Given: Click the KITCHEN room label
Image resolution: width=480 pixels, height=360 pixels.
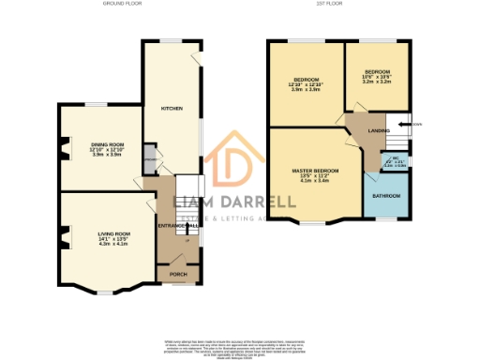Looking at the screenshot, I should (x=171, y=109).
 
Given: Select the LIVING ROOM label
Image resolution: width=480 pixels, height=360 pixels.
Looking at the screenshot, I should (x=113, y=232).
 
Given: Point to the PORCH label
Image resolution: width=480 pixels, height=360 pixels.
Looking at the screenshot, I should (x=178, y=274).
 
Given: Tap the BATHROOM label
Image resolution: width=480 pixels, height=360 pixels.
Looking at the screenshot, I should (x=386, y=196).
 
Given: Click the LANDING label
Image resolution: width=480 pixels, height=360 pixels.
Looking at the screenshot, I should (x=378, y=130).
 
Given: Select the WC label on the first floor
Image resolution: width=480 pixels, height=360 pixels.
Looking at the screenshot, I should (x=397, y=158).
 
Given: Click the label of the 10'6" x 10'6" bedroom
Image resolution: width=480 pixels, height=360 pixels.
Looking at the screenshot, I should (x=377, y=72).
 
